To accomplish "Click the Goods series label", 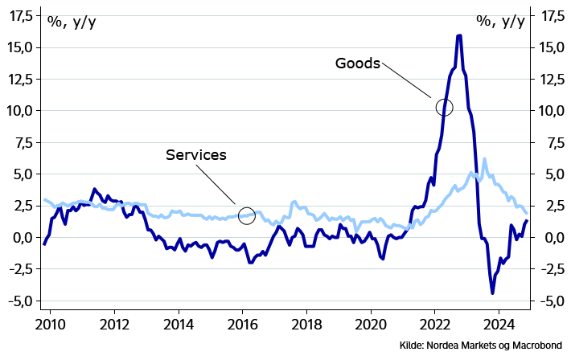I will click(x=357, y=63).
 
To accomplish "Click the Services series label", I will click(x=196, y=154).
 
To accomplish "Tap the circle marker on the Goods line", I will click(x=444, y=107).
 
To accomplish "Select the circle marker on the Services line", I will click(x=247, y=215).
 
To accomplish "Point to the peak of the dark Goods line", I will click(x=458, y=35).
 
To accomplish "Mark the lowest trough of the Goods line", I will click(x=492, y=292).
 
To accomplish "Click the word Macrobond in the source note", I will click(x=537, y=346).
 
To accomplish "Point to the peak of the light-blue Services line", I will click(x=484, y=159).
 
